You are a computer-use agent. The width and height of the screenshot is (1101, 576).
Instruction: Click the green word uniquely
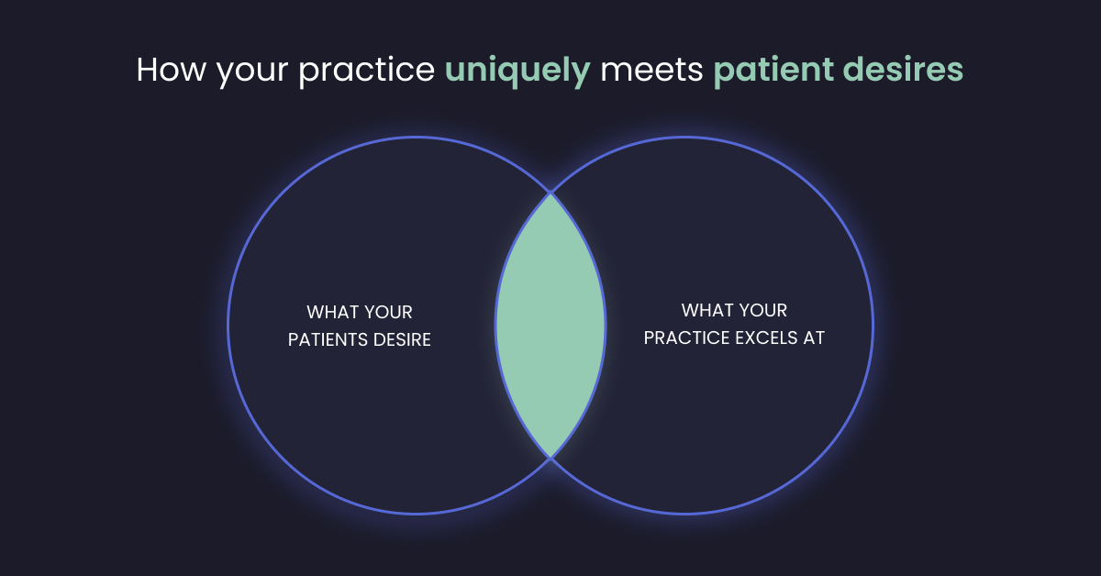click(x=517, y=72)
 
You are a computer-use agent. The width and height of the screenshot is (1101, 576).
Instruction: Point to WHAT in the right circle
click(x=707, y=311)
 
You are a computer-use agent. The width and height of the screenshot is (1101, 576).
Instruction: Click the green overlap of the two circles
click(x=550, y=325)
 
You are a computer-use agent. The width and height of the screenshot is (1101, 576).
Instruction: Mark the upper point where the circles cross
click(x=550, y=193)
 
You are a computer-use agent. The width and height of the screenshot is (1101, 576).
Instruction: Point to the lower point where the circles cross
click(x=550, y=457)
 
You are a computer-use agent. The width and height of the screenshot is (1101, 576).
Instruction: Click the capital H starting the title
click(x=147, y=71)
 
